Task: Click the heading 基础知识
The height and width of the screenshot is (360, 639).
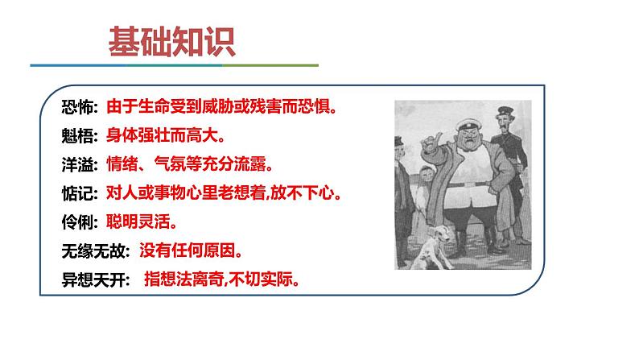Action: click(172, 43)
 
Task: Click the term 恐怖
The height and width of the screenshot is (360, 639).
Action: click(79, 106)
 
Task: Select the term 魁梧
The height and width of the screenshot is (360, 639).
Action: click(79, 135)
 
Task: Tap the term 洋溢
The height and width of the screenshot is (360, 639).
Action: click(79, 164)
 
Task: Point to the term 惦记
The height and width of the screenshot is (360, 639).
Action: click(79, 193)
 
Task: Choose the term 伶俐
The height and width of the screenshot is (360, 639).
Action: click(79, 222)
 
